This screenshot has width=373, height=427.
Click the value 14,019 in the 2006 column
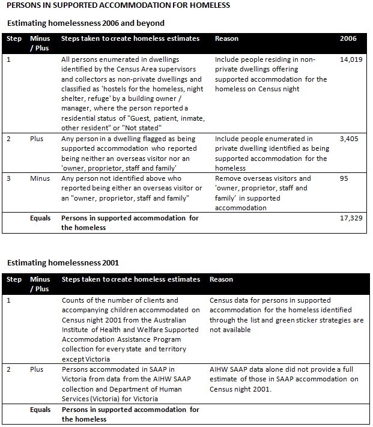click(x=351, y=60)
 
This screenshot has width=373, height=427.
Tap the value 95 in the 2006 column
click(x=344, y=178)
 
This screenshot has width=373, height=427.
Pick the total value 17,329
click(x=351, y=218)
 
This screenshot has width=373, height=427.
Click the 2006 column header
click(x=348, y=38)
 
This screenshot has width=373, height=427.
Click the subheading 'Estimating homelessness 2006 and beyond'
click(x=85, y=23)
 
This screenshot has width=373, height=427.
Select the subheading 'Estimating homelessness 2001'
click(x=62, y=262)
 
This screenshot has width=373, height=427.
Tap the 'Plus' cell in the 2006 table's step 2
click(x=37, y=139)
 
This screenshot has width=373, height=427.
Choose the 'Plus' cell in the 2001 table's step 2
click(x=37, y=370)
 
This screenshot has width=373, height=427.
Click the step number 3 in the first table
click(x=8, y=178)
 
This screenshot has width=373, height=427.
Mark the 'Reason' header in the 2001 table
click(x=221, y=279)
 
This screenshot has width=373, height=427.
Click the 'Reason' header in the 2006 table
click(x=226, y=38)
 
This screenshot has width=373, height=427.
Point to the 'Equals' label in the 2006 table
click(x=41, y=218)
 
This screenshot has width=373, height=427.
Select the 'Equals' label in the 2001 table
click(x=41, y=410)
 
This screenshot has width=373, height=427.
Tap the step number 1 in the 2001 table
click(x=8, y=300)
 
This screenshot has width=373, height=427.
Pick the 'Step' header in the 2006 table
click(x=13, y=38)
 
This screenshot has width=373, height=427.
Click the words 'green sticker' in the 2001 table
click(x=316, y=320)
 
